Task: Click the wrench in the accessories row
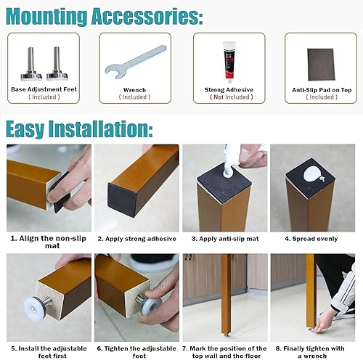pyautogui.click(x=136, y=62)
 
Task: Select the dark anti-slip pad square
pyautogui.click(x=321, y=65)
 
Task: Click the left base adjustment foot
pyautogui.click(x=31, y=64)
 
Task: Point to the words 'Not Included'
pyautogui.click(x=232, y=97)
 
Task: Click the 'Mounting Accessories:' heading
pyautogui.click(x=105, y=17)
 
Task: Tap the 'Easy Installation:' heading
pyautogui.click(x=79, y=129)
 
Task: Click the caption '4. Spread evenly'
pyautogui.click(x=311, y=239)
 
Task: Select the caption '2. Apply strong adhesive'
pyautogui.click(x=136, y=239)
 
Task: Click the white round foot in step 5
pyautogui.click(x=34, y=308)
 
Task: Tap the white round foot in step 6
pyautogui.click(x=151, y=306)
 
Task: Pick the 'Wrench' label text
pyautogui.click(x=134, y=90)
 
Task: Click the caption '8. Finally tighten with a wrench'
pyautogui.click(x=310, y=352)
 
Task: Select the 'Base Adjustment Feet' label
pyautogui.click(x=44, y=89)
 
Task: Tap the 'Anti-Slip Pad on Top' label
pyautogui.click(x=322, y=90)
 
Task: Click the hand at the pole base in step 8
pyautogui.click(x=325, y=322)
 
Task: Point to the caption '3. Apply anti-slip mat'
pyautogui.click(x=225, y=239)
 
